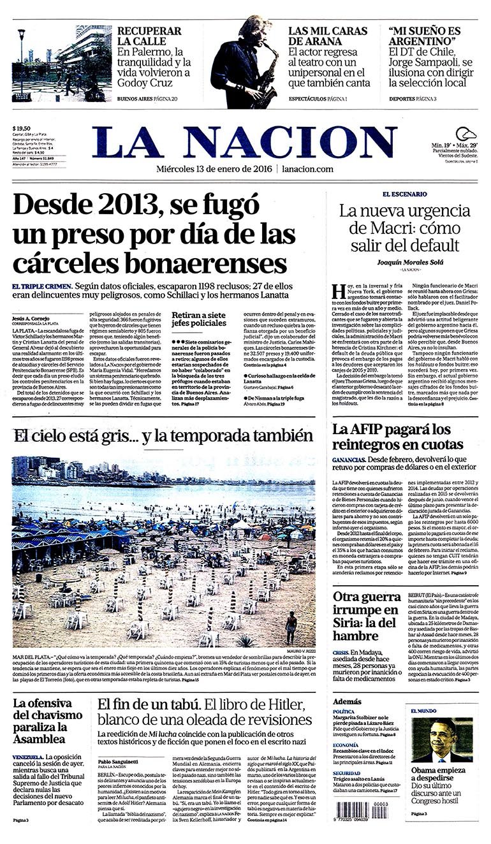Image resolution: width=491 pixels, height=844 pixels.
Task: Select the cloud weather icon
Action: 471,134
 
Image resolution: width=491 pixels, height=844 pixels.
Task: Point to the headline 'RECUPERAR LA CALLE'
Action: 148,36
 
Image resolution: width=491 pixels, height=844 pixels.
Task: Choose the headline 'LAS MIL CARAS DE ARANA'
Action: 327,36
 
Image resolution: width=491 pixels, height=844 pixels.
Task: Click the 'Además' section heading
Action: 348,701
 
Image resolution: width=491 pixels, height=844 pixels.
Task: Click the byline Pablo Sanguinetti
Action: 119,762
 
